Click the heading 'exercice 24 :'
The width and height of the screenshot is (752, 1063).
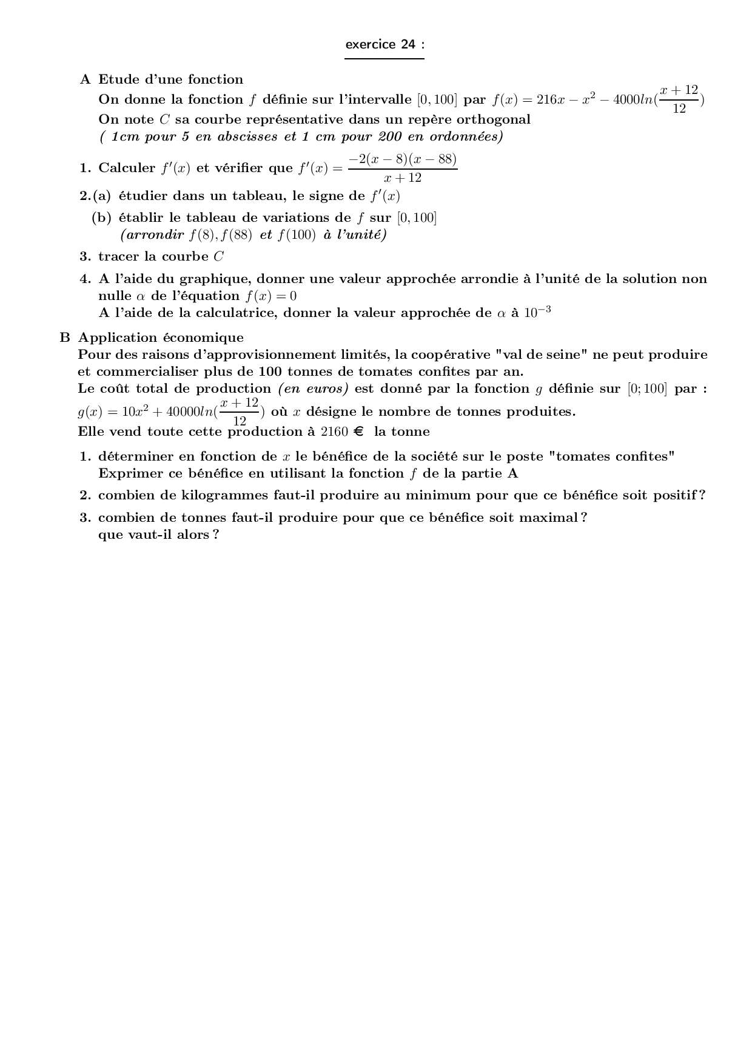pyautogui.click(x=384, y=44)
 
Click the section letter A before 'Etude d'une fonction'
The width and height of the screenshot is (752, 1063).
pyautogui.click(x=85, y=79)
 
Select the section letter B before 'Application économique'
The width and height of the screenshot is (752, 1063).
pyautogui.click(x=65, y=338)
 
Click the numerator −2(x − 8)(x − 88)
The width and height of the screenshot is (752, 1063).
pyautogui.click(x=403, y=159)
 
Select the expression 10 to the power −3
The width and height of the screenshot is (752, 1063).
pyautogui.click(x=537, y=312)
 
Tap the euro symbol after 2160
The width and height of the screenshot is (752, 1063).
pyautogui.click(x=358, y=432)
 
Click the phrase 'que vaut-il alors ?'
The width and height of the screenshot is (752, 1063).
pyautogui.click(x=158, y=535)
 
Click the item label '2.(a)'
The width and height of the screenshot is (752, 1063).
pyautogui.click(x=96, y=196)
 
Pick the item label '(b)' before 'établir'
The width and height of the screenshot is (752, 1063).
pyautogui.click(x=101, y=218)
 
